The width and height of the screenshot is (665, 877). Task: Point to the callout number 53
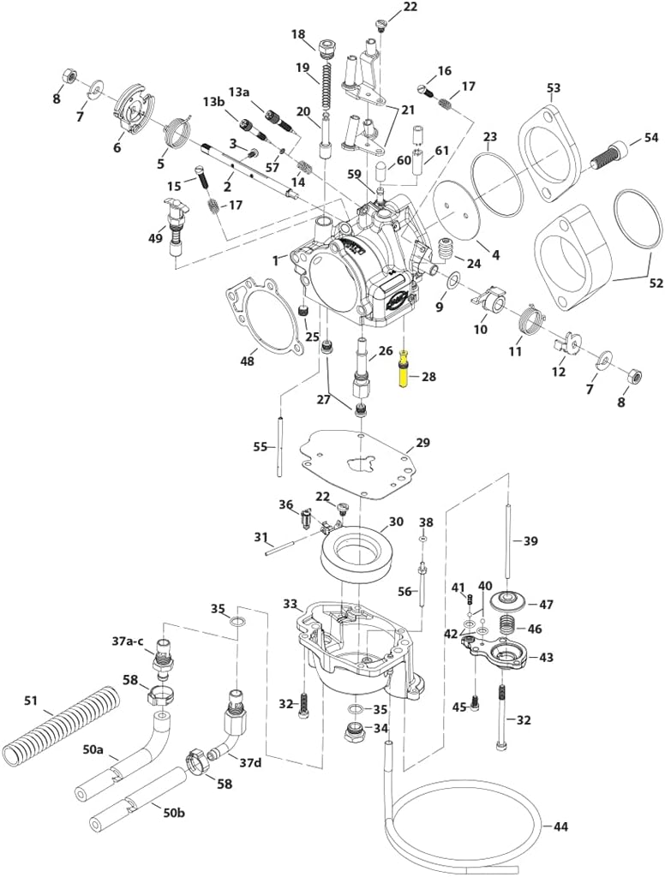[554, 88]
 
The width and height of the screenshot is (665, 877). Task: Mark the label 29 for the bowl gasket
[422, 443]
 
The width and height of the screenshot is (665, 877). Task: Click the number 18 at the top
[297, 34]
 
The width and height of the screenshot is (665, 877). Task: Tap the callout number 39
[531, 541]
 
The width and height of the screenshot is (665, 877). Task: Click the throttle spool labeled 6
[131, 110]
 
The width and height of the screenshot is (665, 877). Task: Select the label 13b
[213, 102]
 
